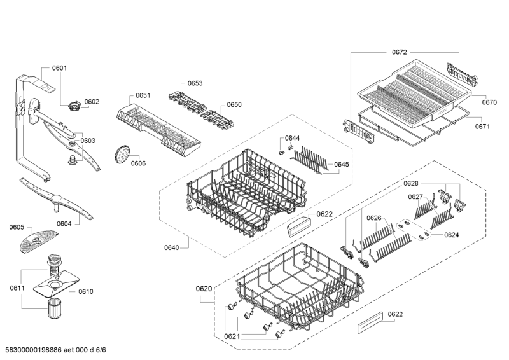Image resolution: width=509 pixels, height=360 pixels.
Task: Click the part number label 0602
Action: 92,102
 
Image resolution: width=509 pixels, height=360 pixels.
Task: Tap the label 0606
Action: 138,163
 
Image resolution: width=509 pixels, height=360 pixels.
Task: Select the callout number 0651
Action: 143,95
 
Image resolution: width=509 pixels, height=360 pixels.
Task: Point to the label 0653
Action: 195,83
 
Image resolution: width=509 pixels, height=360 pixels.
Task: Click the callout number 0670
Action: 489,102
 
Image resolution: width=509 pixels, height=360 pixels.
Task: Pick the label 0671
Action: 482,127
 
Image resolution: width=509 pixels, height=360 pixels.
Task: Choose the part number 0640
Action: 171,247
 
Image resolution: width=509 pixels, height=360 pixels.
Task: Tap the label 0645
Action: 342,164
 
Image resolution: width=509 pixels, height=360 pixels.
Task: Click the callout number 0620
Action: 204,289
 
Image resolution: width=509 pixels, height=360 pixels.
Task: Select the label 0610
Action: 86,291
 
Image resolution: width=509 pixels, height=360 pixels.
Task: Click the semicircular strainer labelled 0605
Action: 38,240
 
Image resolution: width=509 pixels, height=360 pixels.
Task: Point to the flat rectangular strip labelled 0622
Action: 370,322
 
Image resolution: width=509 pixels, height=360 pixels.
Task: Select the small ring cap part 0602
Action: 74,106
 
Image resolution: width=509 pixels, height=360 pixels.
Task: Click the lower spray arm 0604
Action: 56,198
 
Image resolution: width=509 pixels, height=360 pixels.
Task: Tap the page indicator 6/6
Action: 101,350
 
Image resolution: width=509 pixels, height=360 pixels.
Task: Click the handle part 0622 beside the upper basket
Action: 298,225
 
